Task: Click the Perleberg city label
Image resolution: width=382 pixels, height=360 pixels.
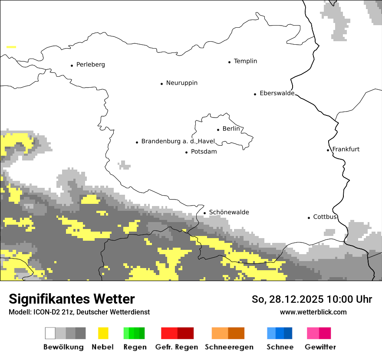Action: tap(90, 65)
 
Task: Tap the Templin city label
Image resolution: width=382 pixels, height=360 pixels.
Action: tap(245, 61)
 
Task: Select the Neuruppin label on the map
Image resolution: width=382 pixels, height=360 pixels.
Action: tap(181, 83)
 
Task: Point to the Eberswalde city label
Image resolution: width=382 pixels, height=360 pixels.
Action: tap(277, 93)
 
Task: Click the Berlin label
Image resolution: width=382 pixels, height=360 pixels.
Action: tap(231, 129)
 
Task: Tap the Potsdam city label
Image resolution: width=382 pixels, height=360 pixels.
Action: tap(204, 152)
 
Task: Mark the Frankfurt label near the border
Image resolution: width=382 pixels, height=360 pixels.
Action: tap(346, 149)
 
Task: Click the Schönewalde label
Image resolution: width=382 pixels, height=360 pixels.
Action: tap(229, 213)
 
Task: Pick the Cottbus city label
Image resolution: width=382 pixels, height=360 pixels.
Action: tap(325, 217)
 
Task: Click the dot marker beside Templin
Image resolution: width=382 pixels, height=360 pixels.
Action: tap(229, 62)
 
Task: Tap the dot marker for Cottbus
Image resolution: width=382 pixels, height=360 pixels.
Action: tap(309, 218)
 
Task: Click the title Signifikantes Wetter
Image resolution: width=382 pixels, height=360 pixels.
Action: tap(72, 299)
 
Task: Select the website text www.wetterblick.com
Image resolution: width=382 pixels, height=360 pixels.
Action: tap(313, 312)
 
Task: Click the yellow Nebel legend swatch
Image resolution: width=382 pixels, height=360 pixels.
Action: tap(103, 333)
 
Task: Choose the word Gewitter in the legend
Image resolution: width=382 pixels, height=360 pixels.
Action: tap(320, 347)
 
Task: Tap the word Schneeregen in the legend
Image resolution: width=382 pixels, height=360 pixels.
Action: tap(229, 347)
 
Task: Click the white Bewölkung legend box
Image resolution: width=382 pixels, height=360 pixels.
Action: tap(50, 333)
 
